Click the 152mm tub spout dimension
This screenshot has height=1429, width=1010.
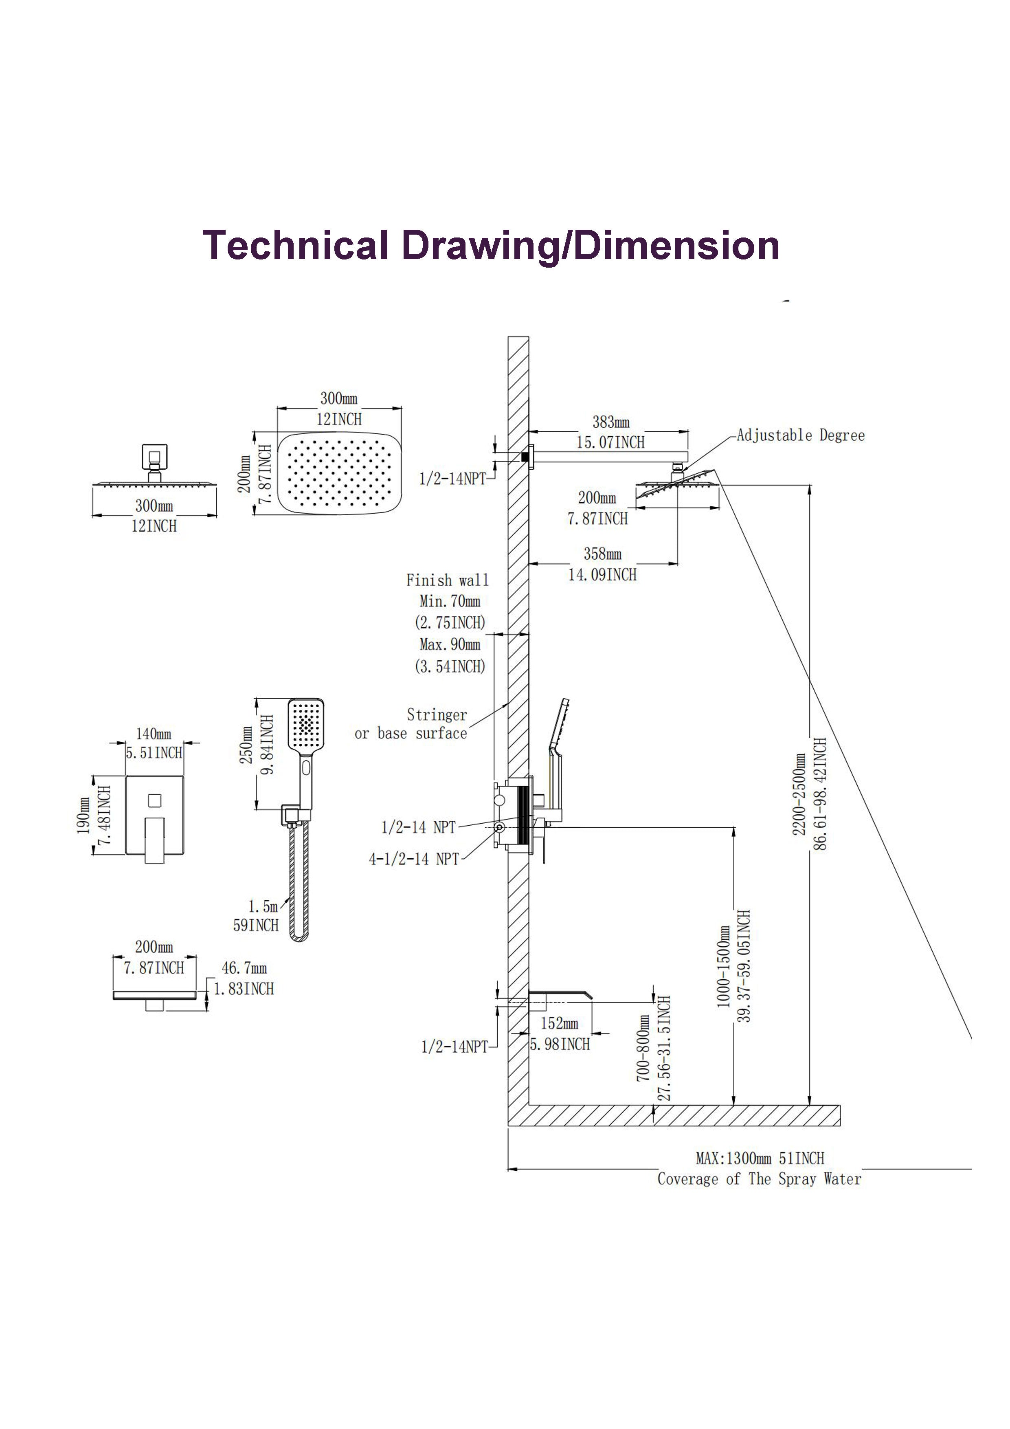[x=559, y=1024]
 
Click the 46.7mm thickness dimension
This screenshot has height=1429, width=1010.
[x=244, y=968]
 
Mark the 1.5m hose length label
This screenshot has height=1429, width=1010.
[x=263, y=906]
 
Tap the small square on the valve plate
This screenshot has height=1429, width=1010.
[x=154, y=800]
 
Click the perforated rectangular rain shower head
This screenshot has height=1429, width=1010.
[x=339, y=473]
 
